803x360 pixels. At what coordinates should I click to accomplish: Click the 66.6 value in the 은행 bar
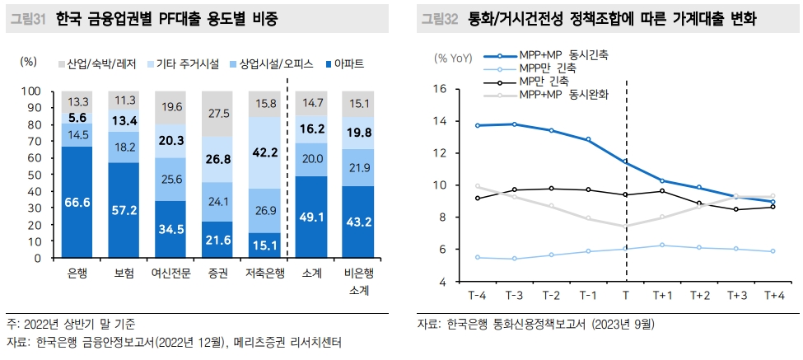pos(77,203)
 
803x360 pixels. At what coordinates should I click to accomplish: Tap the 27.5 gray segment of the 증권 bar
pos(217,113)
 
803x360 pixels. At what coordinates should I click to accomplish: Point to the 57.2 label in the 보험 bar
pos(124,210)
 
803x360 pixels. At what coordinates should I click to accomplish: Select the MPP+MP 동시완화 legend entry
pos(563,95)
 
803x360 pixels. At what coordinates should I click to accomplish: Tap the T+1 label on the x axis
pos(662,295)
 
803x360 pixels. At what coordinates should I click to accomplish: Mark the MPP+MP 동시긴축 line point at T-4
pos(477,125)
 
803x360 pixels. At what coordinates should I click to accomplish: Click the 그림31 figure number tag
pos(29,19)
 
